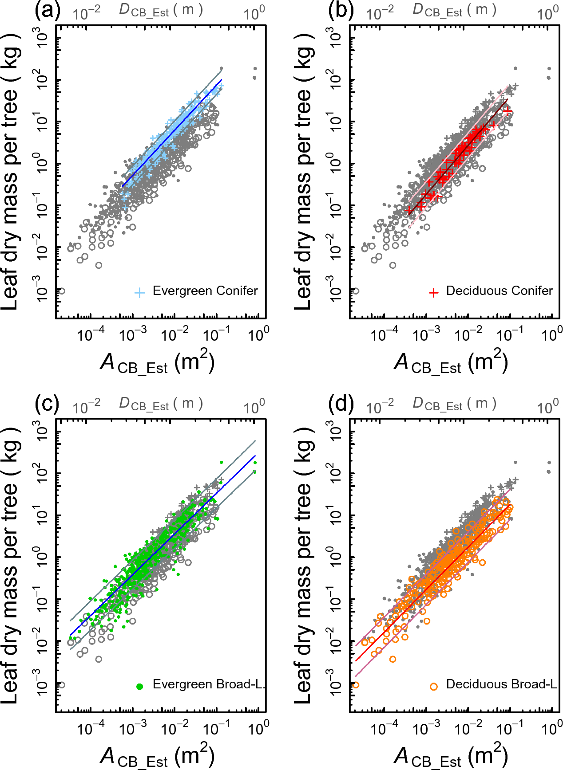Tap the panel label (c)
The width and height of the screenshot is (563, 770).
pyautogui.click(x=48, y=404)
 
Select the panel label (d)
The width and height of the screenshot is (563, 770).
pyautogui.click(x=341, y=404)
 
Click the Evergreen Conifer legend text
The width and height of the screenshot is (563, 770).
pyautogui.click(x=205, y=291)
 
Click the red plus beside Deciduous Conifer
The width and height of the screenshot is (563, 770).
pyautogui.click(x=434, y=292)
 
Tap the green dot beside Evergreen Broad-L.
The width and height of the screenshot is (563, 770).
pyautogui.click(x=140, y=687)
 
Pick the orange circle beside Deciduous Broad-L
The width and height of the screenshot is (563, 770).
pyautogui.click(x=434, y=687)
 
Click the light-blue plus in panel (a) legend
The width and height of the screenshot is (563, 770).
pyautogui.click(x=140, y=292)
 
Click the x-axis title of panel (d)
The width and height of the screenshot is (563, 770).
pyautogui.click(x=451, y=756)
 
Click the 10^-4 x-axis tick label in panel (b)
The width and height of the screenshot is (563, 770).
pyautogui.click(x=384, y=334)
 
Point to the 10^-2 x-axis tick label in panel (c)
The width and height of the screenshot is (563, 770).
pyautogui.click(x=174, y=728)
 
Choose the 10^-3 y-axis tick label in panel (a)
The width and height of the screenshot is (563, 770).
pyautogui.click(x=42, y=289)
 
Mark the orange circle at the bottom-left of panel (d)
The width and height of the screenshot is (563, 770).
pyautogui.click(x=355, y=685)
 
